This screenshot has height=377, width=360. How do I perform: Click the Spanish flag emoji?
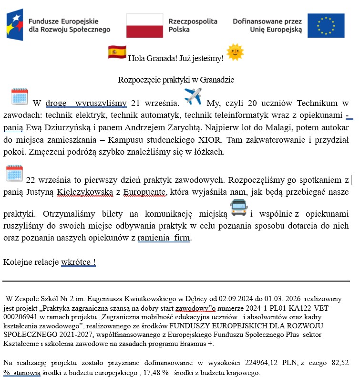click(117, 52)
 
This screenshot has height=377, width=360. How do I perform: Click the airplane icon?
click(193, 96)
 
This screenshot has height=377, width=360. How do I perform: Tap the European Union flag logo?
click(326, 26)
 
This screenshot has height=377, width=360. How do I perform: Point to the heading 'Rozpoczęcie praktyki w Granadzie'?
click(176, 80)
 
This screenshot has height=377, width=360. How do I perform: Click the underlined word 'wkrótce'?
click(76, 262)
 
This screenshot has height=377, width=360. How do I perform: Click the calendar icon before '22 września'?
click(14, 174)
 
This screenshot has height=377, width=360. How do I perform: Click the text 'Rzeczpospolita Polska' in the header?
click(193, 25)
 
